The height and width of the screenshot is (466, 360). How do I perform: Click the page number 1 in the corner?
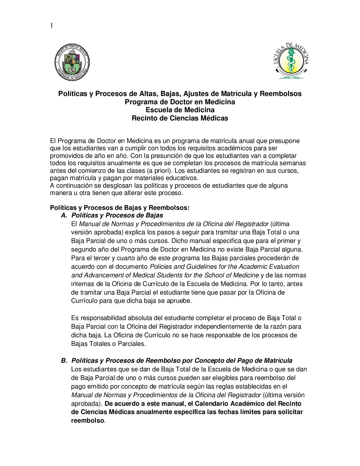click(52, 25)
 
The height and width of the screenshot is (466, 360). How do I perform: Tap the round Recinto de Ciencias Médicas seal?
click(72, 62)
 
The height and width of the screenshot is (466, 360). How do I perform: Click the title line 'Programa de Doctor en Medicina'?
click(180, 102)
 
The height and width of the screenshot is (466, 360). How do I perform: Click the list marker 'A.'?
click(64, 215)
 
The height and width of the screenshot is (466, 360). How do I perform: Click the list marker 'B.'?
click(64, 361)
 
